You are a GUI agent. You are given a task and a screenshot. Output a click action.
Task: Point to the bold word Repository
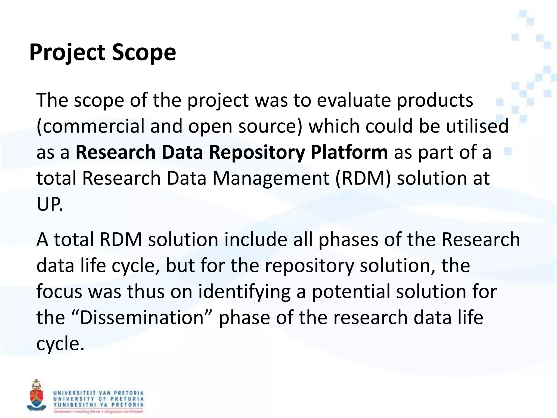click(x=257, y=152)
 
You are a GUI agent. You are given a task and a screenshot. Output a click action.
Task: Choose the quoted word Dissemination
click(x=142, y=318)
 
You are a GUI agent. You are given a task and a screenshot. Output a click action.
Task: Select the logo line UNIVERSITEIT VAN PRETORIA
click(x=98, y=393)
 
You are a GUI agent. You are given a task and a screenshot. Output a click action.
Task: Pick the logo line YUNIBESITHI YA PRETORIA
click(x=98, y=405)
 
